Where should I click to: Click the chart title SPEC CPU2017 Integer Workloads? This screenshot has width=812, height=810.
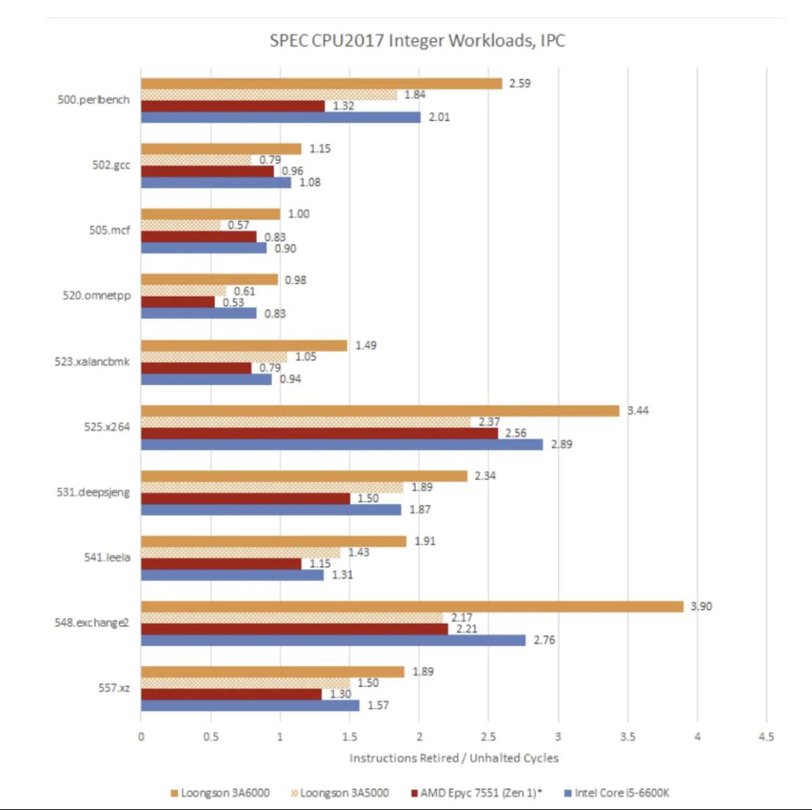(417, 40)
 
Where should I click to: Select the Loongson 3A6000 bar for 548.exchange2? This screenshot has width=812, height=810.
(412, 606)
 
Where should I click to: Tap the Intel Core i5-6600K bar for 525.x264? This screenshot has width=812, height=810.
(342, 444)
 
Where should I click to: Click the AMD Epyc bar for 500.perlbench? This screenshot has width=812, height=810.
(233, 106)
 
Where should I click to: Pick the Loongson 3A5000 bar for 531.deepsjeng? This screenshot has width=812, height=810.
(271, 487)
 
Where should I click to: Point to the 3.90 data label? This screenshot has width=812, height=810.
(701, 606)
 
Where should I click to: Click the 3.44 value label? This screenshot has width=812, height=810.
(637, 410)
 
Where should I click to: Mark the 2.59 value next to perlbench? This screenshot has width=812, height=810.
(519, 84)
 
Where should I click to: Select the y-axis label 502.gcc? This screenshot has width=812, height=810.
(111, 165)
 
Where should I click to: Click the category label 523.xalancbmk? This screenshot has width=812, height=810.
(92, 361)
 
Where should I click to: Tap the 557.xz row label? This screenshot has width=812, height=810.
(114, 688)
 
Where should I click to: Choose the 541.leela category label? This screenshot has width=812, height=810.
(107, 557)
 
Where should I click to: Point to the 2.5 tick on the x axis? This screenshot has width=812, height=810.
(489, 737)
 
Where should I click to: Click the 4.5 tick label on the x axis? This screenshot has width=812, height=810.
(766, 737)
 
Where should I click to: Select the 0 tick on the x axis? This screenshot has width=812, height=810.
(141, 737)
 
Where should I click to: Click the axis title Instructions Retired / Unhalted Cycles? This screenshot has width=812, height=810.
(453, 758)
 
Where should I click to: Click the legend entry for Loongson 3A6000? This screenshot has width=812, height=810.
(219, 793)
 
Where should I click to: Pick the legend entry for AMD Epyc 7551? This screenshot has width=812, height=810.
(476, 793)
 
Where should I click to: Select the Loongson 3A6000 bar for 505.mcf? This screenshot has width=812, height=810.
(211, 214)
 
